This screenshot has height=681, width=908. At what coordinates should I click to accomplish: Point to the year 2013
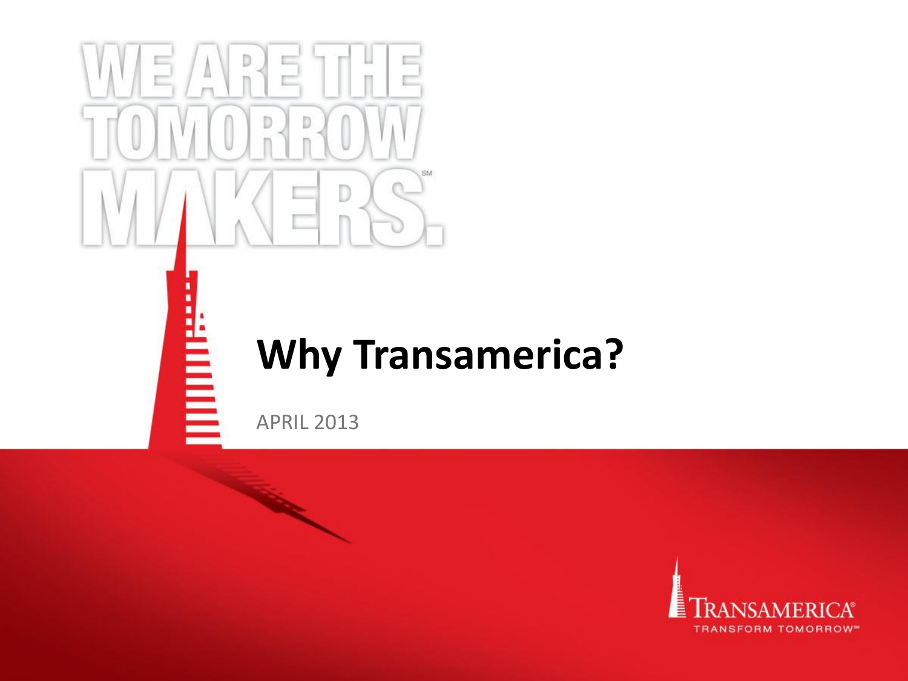tap(337, 422)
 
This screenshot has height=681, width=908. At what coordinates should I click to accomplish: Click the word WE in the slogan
tap(125, 71)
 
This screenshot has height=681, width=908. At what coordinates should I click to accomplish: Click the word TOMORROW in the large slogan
tap(252, 133)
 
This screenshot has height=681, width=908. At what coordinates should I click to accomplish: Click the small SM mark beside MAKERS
tap(427, 173)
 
